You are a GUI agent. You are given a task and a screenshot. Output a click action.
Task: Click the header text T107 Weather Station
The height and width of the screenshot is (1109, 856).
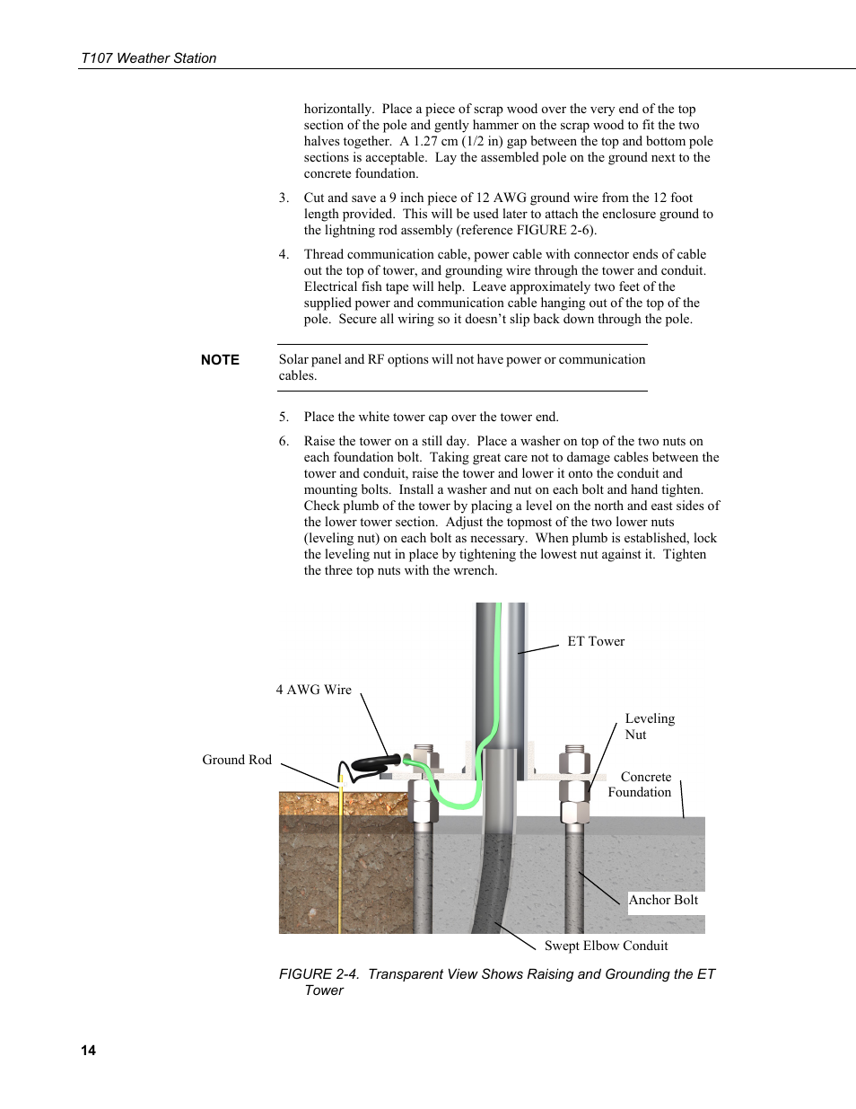[148, 58]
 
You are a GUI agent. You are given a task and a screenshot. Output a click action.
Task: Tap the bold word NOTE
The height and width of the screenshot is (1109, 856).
[220, 360]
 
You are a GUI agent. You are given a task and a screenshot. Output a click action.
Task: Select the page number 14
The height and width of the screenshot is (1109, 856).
[88, 1051]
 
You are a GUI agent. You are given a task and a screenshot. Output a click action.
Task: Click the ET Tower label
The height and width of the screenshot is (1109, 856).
[596, 641]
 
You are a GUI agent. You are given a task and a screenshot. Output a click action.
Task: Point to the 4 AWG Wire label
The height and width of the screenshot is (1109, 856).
[313, 690]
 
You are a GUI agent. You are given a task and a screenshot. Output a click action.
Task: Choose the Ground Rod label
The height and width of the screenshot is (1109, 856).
[237, 760]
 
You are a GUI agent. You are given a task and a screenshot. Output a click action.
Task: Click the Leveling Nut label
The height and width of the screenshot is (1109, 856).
[649, 726]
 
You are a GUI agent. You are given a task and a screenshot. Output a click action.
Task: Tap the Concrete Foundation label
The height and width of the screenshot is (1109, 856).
[641, 785]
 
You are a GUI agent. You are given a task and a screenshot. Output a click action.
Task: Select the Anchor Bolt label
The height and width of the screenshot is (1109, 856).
[663, 900]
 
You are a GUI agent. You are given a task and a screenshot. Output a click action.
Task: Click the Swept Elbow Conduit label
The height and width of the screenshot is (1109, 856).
[606, 946]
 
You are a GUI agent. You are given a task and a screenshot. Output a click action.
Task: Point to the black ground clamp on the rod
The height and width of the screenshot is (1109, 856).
[372, 765]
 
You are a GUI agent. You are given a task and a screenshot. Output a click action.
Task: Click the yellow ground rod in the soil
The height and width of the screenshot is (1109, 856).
[341, 862]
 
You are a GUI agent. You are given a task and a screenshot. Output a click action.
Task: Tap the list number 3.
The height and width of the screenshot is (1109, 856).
[284, 198]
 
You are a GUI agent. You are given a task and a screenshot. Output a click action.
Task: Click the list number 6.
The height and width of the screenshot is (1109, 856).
[284, 442]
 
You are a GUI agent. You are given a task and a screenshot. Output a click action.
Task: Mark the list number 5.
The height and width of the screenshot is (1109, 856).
[284, 418]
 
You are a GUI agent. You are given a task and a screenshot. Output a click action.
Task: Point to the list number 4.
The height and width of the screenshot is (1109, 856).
[284, 255]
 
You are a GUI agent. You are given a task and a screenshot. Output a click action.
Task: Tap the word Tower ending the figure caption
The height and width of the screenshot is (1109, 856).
[324, 990]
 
